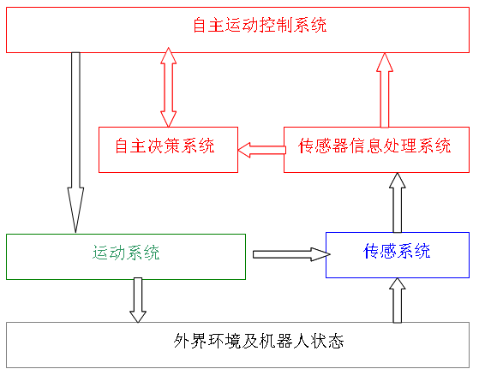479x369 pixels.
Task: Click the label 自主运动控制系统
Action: [x=260, y=25]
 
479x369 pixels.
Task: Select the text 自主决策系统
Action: [x=165, y=146]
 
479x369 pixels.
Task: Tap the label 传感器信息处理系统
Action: [x=374, y=146]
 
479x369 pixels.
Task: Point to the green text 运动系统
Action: [x=126, y=253]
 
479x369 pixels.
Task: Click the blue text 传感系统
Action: [x=397, y=251]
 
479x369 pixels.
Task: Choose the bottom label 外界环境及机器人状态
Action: [x=259, y=341]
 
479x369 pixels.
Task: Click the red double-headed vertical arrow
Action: [x=168, y=87]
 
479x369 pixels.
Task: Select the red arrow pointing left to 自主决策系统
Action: [x=262, y=150]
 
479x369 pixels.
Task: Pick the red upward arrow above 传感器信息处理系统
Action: [x=385, y=91]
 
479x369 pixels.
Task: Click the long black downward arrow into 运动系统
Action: [x=75, y=142]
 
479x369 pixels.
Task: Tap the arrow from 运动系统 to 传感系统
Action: [x=291, y=254]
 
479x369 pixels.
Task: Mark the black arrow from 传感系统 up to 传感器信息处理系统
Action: [x=397, y=203]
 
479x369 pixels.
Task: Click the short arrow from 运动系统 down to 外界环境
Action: [x=138, y=300]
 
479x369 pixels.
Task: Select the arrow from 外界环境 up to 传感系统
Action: [x=397, y=301]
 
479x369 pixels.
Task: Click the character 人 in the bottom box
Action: [x=302, y=341]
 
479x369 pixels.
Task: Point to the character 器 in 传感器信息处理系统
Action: [x=340, y=146]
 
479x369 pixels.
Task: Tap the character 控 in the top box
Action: [x=268, y=25]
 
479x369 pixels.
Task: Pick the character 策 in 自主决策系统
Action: [x=172, y=146]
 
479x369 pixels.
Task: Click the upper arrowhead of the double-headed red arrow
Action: [x=168, y=56]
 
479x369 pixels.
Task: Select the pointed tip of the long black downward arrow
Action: [x=75, y=232]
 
